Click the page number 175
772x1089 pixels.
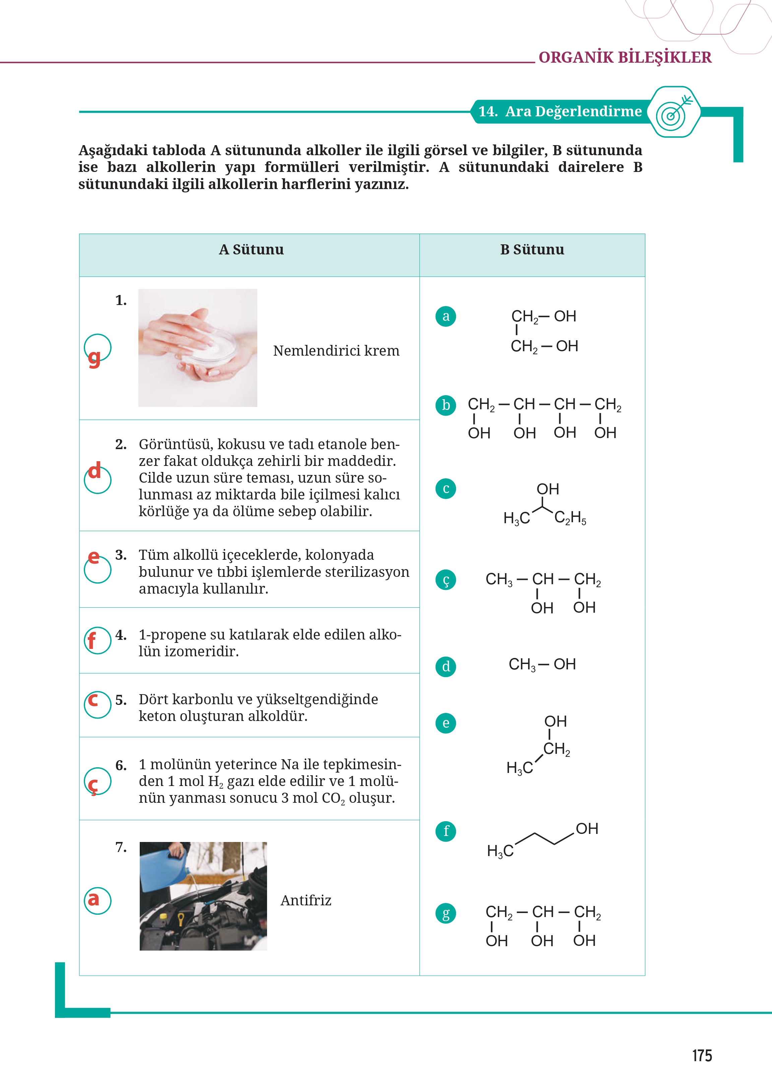click(702, 1055)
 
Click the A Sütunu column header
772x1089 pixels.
click(251, 250)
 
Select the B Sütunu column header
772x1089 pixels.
click(532, 250)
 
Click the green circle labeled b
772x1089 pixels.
click(445, 405)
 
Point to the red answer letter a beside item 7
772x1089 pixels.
click(93, 899)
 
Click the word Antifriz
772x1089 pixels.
click(306, 900)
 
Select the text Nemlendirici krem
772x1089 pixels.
click(336, 351)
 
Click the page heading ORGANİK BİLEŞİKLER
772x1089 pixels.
click(625, 58)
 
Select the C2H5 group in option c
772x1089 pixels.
click(570, 518)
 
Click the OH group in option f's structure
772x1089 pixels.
click(587, 829)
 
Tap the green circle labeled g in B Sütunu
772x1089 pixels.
click(445, 913)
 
